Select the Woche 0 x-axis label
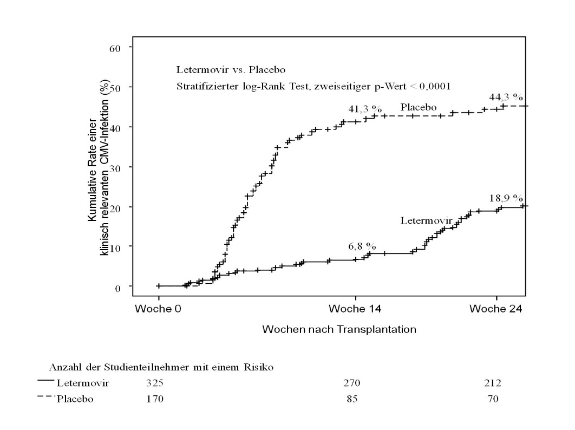tap(158, 309)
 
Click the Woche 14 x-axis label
tap(355, 309)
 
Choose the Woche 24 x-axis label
tap(496, 309)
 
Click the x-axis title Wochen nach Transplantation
tap(339, 329)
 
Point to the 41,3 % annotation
tap(362, 109)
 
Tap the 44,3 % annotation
tap(506, 97)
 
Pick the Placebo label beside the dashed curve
tap(419, 107)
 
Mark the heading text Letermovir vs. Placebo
tap(231, 70)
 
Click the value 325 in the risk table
tap(154, 383)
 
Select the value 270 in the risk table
tap(351, 383)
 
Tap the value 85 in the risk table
tap(351, 400)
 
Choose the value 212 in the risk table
tap(493, 383)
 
